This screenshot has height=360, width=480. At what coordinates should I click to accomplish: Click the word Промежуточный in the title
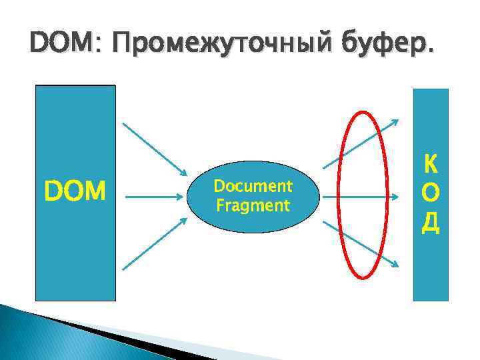coord(207,46)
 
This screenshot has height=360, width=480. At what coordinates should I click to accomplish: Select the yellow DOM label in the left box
coord(75,193)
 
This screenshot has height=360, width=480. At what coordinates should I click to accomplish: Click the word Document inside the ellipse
coord(253,186)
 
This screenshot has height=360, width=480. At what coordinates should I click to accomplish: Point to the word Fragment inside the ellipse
coord(253,205)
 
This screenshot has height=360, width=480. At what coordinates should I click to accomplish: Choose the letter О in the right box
coord(431,193)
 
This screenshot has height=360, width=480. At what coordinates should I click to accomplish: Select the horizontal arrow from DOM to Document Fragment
coord(153,197)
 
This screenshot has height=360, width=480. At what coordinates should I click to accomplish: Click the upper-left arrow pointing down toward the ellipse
coord(153,148)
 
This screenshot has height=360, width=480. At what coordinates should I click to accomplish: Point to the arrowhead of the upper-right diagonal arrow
coord(395,122)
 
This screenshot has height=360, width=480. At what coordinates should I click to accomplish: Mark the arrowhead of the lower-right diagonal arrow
coord(395,265)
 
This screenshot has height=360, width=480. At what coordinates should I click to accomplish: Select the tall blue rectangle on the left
coord(75,253)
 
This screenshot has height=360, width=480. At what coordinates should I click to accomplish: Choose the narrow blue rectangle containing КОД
coord(431,267)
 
